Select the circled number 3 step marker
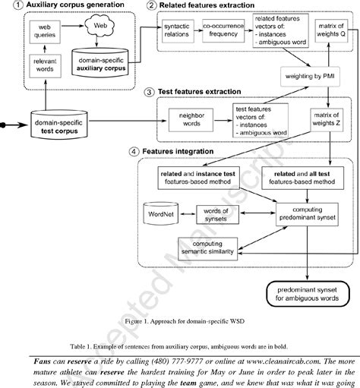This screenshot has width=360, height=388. pos(148,91)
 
